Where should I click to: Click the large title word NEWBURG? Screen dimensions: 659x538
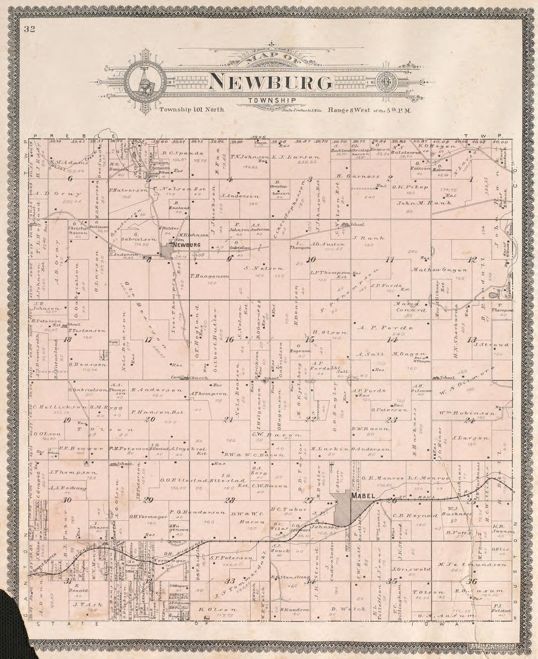[270, 82]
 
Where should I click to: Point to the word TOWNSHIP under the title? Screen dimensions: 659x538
[266, 101]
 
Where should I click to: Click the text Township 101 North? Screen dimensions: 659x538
[192, 110]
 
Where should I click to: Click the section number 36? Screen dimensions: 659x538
[471, 581]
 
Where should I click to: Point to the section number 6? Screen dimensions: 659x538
[70, 179]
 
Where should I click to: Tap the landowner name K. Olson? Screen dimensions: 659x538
[217, 610]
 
